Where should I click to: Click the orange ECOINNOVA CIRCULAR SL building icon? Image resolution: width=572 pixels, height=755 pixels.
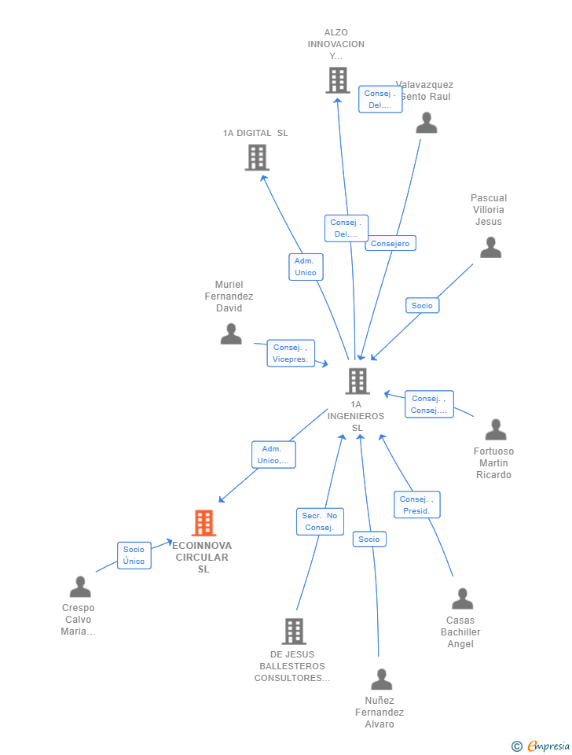[203, 523]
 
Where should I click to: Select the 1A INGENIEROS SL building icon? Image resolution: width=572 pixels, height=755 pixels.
[357, 381]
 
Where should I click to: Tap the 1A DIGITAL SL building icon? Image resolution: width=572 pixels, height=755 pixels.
[257, 157]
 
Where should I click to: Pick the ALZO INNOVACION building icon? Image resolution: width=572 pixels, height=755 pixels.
[338, 80]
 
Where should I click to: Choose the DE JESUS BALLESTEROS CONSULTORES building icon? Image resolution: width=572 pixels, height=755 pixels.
[293, 631]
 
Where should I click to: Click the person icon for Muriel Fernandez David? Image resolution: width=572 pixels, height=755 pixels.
[231, 333]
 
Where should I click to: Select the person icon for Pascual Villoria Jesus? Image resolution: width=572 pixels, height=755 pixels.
[490, 248]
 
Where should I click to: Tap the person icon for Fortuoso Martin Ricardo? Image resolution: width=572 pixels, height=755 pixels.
[496, 429]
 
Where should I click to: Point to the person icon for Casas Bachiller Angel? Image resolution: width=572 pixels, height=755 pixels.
[462, 598]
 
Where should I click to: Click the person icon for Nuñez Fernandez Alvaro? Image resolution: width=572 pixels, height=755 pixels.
[382, 679]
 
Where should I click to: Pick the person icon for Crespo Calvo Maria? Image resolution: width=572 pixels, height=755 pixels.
[80, 587]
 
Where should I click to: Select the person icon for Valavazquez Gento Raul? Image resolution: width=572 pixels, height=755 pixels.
[427, 123]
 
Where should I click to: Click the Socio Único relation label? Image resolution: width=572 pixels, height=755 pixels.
[134, 555]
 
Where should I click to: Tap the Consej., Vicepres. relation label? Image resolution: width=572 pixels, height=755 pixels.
[290, 353]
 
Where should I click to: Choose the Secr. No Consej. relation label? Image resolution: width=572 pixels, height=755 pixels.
[320, 521]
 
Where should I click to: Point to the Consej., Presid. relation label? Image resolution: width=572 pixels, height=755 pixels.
[416, 505]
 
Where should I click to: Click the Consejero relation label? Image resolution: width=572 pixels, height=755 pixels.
[390, 244]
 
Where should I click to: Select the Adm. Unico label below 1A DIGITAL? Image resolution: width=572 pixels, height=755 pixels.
[305, 267]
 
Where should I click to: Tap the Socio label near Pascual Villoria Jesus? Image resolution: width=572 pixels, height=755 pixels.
[422, 305]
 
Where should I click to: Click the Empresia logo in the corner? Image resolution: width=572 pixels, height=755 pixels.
[541, 745]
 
